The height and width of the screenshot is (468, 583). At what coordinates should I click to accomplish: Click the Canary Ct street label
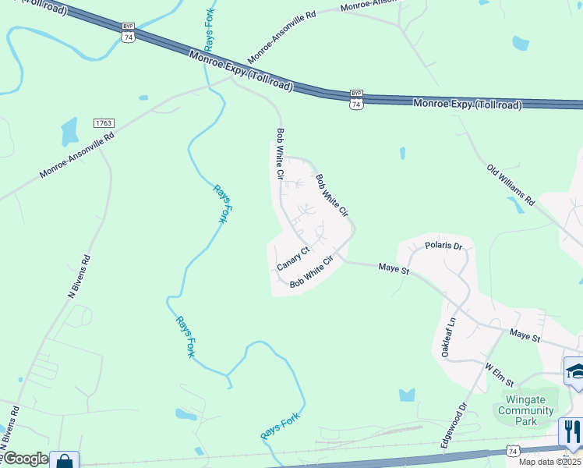pos(294,258)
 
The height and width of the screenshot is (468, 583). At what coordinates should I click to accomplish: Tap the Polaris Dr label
pos(444,246)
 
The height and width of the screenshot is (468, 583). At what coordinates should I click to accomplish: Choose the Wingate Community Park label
pos(525,410)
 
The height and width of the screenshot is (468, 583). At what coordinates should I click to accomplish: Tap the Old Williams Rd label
pos(511,185)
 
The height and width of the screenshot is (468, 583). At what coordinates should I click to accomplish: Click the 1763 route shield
pos(104,123)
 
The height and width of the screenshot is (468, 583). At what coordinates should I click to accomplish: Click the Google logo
pos(24,459)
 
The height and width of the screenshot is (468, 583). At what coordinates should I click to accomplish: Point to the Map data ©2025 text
pos(550,462)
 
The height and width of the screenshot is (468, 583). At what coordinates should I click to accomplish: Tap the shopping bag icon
pos(64,461)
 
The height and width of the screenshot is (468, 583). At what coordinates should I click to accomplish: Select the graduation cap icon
pos(575,370)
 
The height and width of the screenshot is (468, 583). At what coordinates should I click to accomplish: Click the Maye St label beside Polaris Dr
pos(394,269)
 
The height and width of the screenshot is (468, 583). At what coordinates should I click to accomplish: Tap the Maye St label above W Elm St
pos(525,336)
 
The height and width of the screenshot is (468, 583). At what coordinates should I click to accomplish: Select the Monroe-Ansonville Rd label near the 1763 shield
pos(77,153)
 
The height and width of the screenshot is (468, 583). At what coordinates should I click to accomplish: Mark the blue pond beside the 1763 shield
pos(69,130)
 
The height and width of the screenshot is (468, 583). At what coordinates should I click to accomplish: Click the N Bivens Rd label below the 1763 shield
pos(80,276)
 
